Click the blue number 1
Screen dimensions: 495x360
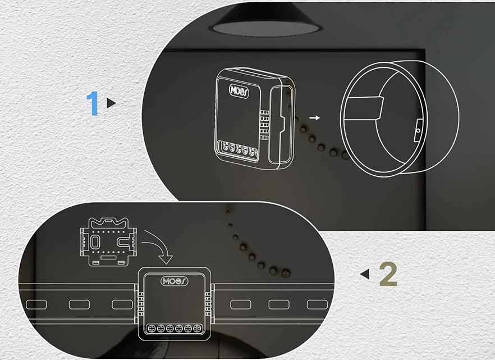tap(93, 103)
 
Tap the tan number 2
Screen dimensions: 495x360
tap(388, 275)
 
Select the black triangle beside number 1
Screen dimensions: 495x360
tap(111, 103)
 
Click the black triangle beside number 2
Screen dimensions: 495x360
tap(365, 274)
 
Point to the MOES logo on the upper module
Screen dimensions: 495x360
tap(239, 91)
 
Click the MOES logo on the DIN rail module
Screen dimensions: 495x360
tap(175, 281)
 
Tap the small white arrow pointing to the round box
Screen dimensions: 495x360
tap(314, 118)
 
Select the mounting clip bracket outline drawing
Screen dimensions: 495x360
tap(109, 242)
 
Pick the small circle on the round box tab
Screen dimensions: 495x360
tap(418, 130)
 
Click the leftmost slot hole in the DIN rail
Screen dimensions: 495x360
tap(36, 304)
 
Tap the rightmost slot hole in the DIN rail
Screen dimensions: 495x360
tap(317, 304)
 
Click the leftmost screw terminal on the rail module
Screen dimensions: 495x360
tap(152, 329)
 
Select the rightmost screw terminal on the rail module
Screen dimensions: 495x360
tap(198, 329)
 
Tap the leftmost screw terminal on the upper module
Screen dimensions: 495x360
tap(226, 146)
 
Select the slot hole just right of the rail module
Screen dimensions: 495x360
tap(241, 304)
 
